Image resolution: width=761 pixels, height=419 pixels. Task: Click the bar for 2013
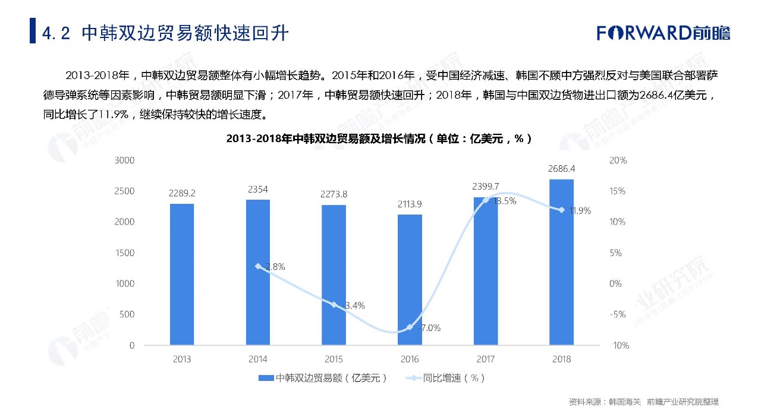[182, 274]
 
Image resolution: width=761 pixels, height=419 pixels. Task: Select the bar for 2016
[410, 279]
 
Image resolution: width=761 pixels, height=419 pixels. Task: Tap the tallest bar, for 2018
[561, 262]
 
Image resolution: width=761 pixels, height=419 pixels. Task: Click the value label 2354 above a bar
[258, 190]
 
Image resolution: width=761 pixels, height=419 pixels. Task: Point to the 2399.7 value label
[486, 186]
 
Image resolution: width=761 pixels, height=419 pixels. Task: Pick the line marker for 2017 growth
[486, 200]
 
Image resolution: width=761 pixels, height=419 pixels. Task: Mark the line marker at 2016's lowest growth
[410, 327]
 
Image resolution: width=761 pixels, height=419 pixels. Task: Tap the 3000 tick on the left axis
[125, 160]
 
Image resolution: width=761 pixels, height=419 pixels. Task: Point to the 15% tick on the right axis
[617, 191]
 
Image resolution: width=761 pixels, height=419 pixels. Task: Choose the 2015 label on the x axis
[334, 359]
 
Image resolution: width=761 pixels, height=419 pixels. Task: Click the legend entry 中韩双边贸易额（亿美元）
[324, 378]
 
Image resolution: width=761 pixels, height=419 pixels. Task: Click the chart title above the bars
[379, 139]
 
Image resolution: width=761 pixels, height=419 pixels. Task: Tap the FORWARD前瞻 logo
[663, 32]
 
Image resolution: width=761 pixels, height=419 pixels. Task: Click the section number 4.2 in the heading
[57, 33]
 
